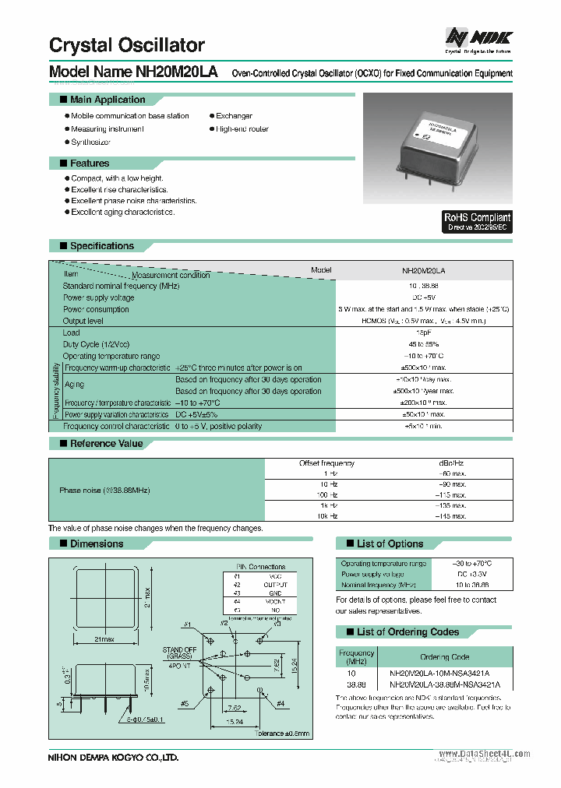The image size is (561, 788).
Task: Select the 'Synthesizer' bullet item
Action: [90, 142]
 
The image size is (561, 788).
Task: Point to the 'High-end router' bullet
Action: [242, 128]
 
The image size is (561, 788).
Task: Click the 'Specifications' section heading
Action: [101, 246]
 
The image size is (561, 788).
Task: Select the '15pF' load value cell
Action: [425, 332]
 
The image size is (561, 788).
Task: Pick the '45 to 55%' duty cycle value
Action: [425, 344]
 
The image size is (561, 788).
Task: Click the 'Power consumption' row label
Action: [96, 309]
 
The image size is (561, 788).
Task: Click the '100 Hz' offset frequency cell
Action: [326, 494]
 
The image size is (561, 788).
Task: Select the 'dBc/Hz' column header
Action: [425, 463]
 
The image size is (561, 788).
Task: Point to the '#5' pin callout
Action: [184, 704]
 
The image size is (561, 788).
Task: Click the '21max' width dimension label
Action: [105, 639]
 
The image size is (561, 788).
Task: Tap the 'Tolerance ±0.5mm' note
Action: [281, 733]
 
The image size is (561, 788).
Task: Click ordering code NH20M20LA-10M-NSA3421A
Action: [444, 671]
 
